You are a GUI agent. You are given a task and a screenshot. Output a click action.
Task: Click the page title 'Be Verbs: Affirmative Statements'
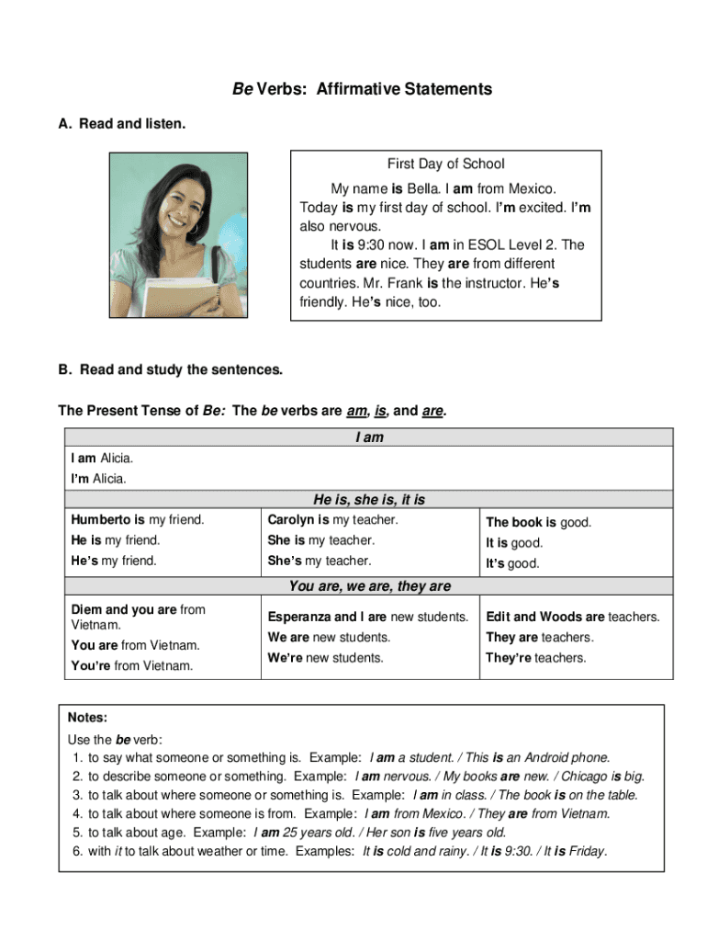362,89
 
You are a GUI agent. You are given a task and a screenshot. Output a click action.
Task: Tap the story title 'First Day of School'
445,164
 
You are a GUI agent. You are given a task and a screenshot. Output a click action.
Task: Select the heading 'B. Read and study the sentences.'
171,370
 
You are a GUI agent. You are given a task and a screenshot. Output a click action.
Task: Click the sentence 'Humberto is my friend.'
138,520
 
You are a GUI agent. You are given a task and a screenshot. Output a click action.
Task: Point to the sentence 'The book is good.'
538,522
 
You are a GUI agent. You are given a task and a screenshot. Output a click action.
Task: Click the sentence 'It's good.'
512,563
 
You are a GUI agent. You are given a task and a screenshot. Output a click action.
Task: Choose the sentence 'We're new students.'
325,658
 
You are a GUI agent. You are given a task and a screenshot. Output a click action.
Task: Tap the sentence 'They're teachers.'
535,658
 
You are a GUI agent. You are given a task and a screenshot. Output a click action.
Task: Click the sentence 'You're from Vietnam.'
132,665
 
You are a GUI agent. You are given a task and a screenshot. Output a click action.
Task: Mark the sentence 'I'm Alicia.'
99,478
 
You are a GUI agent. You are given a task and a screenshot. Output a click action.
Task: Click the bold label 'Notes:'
88,717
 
